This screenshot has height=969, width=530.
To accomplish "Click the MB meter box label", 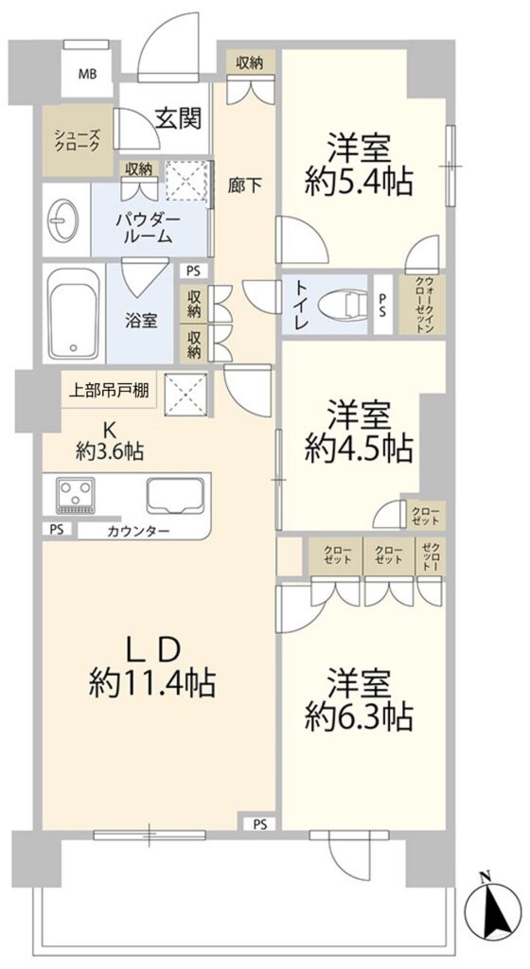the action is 87,75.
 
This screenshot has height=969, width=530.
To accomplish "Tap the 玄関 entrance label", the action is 178,118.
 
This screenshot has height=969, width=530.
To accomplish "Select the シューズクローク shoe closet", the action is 78,140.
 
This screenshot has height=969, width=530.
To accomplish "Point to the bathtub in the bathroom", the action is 73,313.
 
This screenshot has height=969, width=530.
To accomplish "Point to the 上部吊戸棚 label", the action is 108,391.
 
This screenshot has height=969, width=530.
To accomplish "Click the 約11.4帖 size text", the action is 152,684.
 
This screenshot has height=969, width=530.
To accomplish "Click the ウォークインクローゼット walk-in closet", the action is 422,304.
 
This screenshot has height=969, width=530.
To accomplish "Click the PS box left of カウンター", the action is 57,530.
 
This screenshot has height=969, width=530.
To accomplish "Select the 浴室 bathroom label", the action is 141,321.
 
